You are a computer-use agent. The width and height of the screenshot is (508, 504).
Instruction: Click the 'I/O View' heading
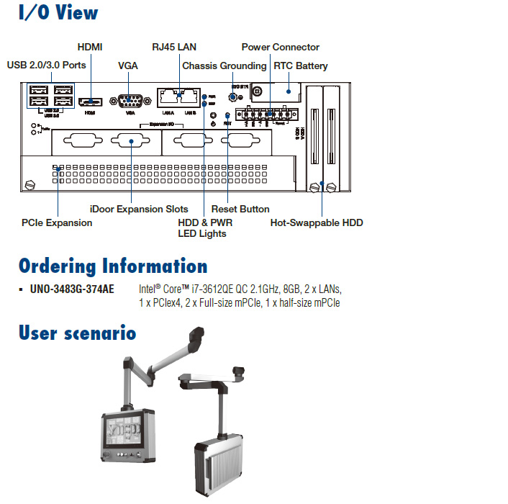pyautogui.click(x=58, y=14)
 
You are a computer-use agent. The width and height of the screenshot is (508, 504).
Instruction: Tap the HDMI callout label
pyautogui.click(x=90, y=47)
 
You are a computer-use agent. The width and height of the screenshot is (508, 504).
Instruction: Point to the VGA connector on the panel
pyautogui.click(x=130, y=101)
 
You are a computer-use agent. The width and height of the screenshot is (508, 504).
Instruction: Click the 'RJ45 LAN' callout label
pyautogui.click(x=174, y=47)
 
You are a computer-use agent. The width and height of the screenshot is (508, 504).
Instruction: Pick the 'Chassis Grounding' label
pyautogui.click(x=224, y=66)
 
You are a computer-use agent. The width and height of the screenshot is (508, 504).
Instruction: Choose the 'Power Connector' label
pyautogui.click(x=280, y=47)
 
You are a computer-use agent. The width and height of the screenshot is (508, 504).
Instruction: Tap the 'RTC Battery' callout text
pyautogui.click(x=300, y=66)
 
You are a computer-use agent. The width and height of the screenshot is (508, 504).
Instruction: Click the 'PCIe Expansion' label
pyautogui.click(x=57, y=222)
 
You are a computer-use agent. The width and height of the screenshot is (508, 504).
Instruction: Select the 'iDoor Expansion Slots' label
pyautogui.click(x=139, y=209)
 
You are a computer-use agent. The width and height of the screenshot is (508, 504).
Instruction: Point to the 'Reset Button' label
pyautogui.click(x=240, y=209)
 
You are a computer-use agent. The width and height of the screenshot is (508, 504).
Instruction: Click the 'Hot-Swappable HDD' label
pyautogui.click(x=317, y=222)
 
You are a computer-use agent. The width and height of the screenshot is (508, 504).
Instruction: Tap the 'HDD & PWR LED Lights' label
pyautogui.click(x=205, y=228)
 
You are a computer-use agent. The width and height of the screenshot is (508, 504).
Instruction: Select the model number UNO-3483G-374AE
pyautogui.click(x=72, y=289)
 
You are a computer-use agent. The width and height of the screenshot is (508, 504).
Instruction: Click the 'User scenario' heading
pyautogui.click(x=77, y=333)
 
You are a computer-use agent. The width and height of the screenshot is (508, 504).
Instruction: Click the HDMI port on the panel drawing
pyautogui.click(x=90, y=101)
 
